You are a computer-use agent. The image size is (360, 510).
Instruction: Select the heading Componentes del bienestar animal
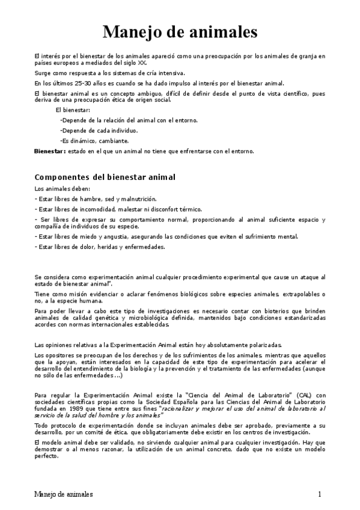105,177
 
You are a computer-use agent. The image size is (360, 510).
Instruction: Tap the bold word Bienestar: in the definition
50,151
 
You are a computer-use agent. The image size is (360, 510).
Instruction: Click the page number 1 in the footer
321,494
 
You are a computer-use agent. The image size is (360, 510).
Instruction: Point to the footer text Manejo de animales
64,494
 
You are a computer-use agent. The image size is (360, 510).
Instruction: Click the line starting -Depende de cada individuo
99,131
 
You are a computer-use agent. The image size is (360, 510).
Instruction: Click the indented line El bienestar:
73,110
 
